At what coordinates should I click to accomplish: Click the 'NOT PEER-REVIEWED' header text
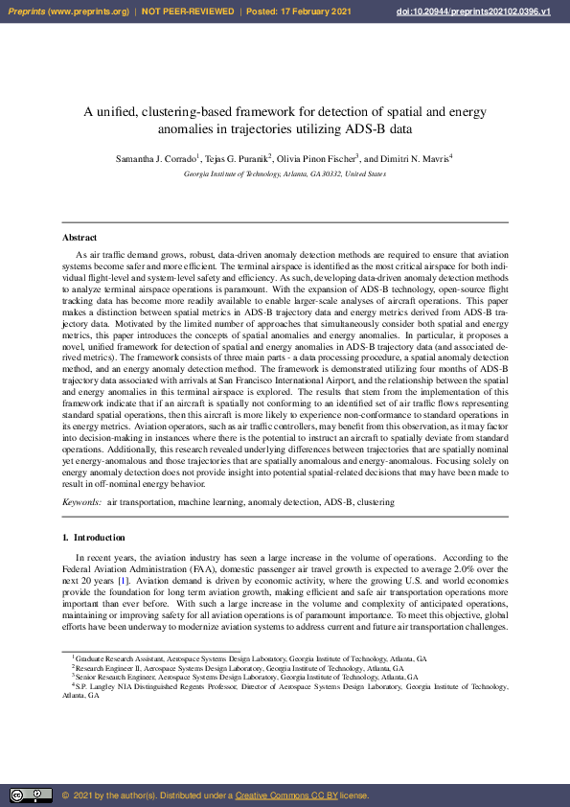point(188,12)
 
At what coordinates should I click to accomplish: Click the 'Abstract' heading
point(80,237)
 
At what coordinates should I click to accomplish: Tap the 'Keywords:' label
point(81,501)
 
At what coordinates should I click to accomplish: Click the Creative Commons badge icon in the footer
point(31,795)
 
